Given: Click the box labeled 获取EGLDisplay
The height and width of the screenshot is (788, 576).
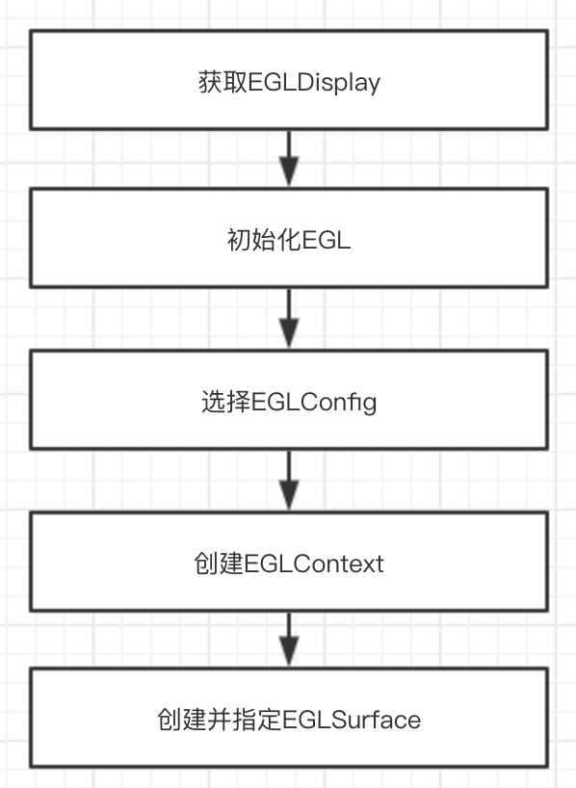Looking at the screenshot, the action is coord(289,80).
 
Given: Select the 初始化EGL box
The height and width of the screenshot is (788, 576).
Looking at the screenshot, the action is coord(289,238).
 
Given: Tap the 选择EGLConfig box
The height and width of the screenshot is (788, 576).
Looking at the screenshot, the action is coord(289,400).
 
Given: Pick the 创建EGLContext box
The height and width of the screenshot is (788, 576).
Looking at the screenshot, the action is coord(289,562).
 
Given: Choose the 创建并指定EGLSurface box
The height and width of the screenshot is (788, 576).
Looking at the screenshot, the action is coord(289,718).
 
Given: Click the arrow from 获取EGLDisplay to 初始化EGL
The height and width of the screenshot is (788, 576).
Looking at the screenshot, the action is coord(289,159).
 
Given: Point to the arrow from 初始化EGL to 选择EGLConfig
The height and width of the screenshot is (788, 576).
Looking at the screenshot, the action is coord(289,319).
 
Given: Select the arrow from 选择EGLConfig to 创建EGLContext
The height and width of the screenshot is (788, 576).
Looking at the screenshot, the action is coord(289,481).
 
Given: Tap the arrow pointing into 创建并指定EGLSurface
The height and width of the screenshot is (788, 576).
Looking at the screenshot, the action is coord(289,640).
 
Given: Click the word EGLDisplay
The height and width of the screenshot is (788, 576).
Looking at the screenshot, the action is coord(314,83).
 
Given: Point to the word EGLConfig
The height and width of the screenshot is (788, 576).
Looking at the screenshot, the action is coord(313,403).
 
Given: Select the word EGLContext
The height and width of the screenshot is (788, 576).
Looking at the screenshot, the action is coord(314,564).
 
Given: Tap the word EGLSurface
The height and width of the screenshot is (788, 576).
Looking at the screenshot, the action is coord(352,720).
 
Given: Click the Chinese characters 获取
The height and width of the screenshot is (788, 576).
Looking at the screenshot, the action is coord(223,82).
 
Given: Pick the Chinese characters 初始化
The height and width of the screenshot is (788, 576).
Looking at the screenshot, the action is coord(264,239).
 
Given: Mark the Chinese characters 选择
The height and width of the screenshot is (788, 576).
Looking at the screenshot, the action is coord(226,402).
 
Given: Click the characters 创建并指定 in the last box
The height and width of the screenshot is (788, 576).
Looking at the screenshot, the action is coord(220,720).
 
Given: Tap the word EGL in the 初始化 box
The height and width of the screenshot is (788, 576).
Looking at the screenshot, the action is coord(326,240).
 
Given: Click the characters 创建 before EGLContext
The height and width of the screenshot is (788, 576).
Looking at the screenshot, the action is coord(220,564).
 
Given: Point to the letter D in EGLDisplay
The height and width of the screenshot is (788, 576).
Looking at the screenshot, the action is coord(305,82).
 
